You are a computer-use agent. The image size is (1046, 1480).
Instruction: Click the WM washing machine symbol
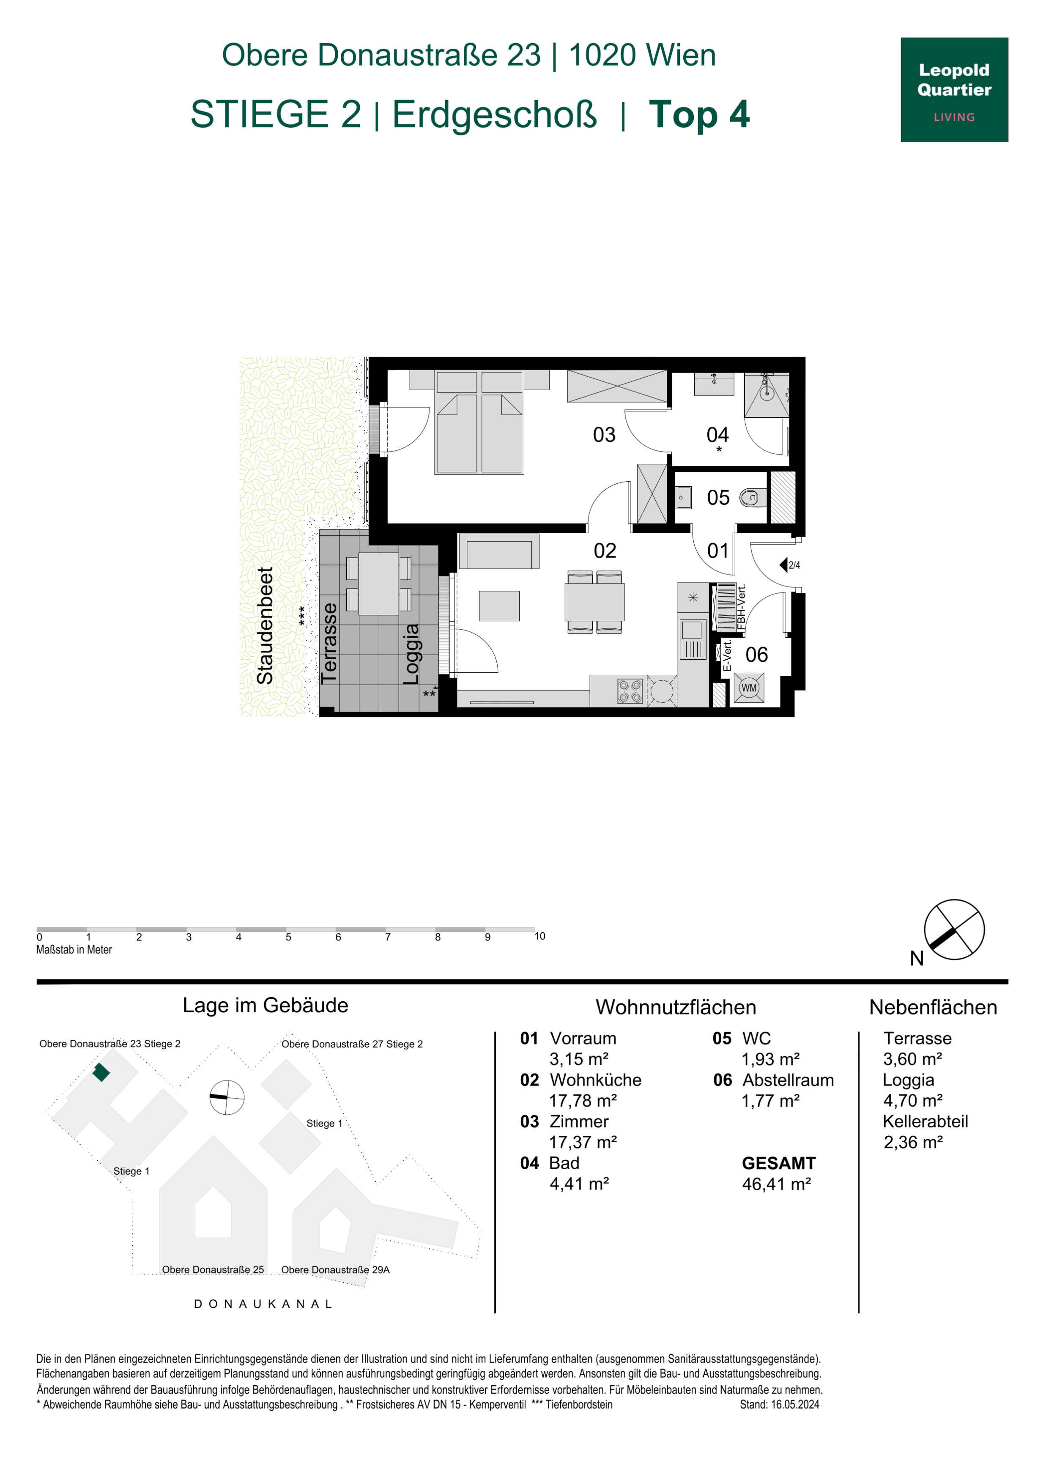749,688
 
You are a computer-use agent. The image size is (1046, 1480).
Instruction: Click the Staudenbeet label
265,625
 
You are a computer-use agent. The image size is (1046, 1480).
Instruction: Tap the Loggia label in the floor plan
411,654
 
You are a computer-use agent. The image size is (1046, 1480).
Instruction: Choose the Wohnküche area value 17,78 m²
583,1100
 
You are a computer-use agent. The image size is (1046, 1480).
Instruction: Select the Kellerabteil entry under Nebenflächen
925,1121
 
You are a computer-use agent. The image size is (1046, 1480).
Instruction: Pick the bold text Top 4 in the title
699,114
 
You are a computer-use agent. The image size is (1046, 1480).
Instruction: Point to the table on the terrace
378,584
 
